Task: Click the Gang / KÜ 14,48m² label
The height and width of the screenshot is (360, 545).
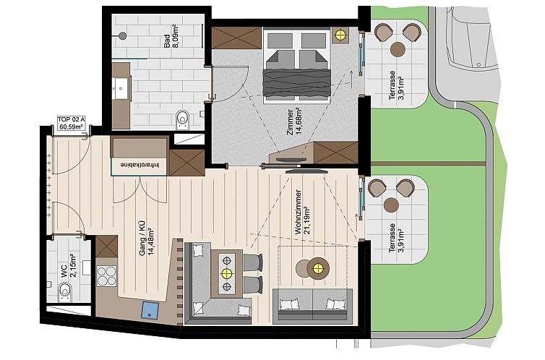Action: pyautogui.click(x=147, y=239)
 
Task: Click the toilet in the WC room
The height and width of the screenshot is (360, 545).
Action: pyautogui.click(x=65, y=291)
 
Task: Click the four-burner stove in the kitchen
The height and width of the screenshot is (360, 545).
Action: pyautogui.click(x=107, y=277)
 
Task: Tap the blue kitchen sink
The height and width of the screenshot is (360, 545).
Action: pyautogui.click(x=151, y=311)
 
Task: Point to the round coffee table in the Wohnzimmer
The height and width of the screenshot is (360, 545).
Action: pyautogui.click(x=317, y=270)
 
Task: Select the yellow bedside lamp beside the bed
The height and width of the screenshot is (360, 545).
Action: pyautogui.click(x=340, y=35)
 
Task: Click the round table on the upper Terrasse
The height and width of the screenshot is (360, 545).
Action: pyautogui.click(x=398, y=49)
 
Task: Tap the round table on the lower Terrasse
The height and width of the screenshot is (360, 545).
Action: pyautogui.click(x=391, y=205)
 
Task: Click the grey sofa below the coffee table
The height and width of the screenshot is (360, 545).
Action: pyautogui.click(x=313, y=305)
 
